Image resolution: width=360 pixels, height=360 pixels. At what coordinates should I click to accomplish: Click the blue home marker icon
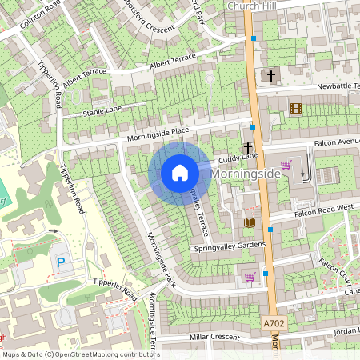(x=180, y=173)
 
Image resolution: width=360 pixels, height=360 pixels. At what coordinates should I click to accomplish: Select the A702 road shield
(x=274, y=324)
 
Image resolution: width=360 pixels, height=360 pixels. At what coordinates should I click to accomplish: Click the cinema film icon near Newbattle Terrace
(x=296, y=108)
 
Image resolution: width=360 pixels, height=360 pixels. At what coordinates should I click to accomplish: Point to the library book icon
(x=249, y=222)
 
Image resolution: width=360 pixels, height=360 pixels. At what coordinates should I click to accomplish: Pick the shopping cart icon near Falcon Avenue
(x=286, y=166)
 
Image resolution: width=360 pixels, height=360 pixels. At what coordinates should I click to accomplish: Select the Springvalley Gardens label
(x=229, y=246)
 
